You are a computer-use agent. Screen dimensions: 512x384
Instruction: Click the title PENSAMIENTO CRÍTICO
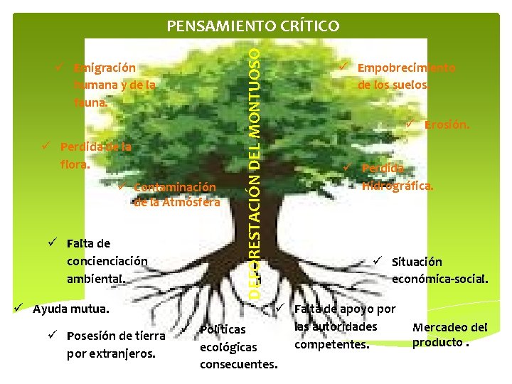point(252,26)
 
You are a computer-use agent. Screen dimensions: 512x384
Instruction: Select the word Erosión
point(447,125)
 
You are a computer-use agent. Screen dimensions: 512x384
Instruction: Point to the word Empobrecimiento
point(406,68)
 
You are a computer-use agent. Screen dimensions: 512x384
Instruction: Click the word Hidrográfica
point(398,186)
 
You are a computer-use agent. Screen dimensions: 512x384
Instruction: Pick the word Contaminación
point(174,187)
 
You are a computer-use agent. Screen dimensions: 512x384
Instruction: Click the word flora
point(75,164)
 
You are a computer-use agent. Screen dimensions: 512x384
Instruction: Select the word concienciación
point(107,261)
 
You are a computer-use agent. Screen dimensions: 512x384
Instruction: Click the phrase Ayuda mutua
point(71,309)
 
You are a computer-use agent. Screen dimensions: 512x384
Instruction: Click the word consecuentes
point(238,365)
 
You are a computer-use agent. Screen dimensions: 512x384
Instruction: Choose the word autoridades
point(336,327)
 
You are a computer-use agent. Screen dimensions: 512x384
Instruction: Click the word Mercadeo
point(449,328)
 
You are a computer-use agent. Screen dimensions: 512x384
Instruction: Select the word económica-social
point(439,279)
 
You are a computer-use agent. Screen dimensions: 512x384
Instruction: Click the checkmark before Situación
point(378,261)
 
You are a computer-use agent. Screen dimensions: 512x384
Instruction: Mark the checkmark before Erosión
point(410,125)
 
